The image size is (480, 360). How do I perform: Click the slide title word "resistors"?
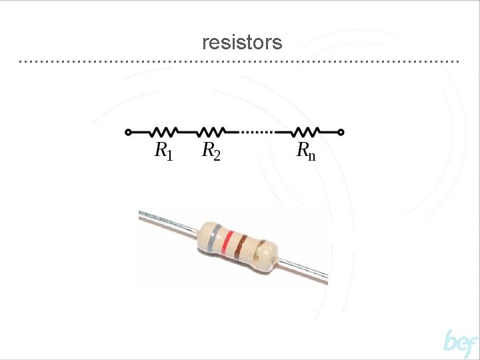coord(242,43)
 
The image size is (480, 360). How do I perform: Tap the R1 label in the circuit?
coord(163,151)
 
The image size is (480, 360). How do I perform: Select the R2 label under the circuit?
coord(211,151)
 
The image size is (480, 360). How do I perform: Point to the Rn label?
coord(305,151)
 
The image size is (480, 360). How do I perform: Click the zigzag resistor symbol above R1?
coord(165,131)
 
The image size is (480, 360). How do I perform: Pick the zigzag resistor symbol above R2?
coord(211,131)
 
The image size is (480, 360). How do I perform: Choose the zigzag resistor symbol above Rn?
coord(307,131)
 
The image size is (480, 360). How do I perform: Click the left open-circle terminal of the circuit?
coord(128,132)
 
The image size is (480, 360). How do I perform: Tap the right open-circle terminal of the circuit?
coord(341,132)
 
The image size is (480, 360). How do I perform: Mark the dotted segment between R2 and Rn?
coord(257,132)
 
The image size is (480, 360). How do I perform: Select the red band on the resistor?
coord(227,244)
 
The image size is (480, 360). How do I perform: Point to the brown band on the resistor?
coord(241,247)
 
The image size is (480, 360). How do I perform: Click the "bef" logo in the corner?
coord(461,343)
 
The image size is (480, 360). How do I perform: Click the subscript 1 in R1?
coord(169,155)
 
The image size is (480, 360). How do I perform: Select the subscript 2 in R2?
coord(217,155)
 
